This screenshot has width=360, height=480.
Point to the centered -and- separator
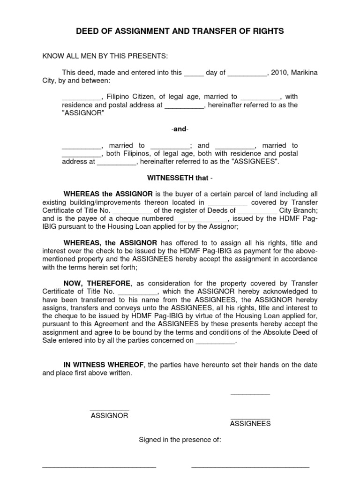(180, 129)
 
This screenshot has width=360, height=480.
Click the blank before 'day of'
(194, 74)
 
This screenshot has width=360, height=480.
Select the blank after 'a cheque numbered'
(202, 219)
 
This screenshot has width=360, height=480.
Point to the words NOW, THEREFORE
(97, 283)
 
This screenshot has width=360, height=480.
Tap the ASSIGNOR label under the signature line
(109, 415)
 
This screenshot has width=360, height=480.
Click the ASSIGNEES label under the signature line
(250, 424)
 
